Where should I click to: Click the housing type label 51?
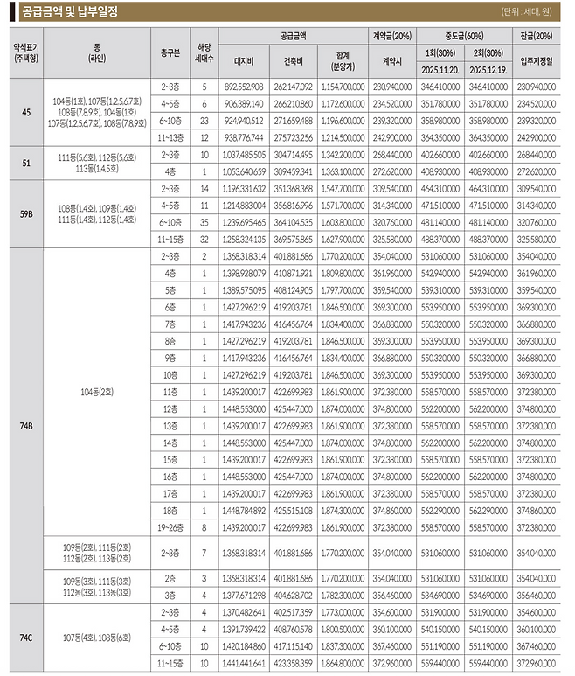25,162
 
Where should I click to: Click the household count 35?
204,222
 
